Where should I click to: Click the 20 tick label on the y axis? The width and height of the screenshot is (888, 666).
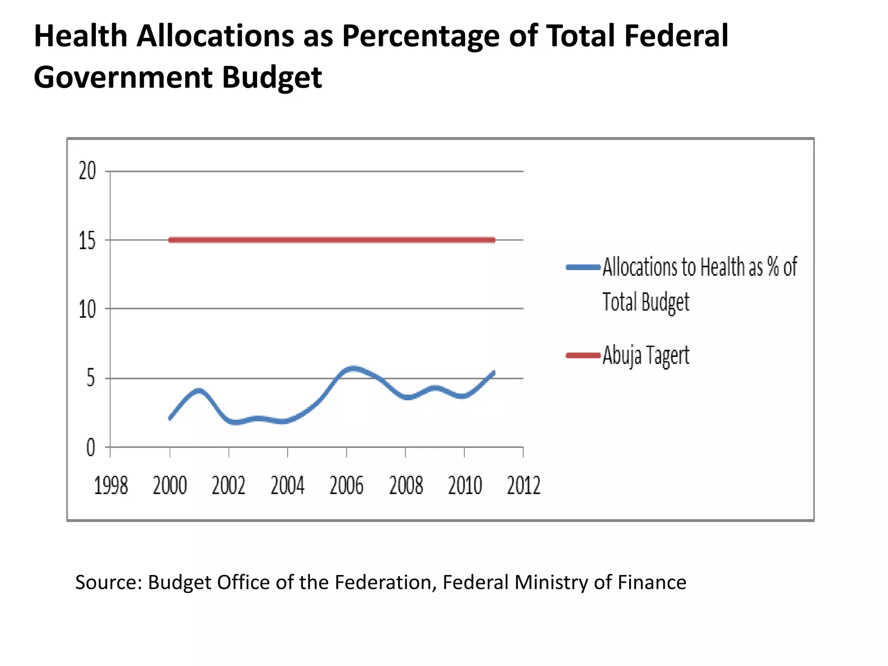pyautogui.click(x=87, y=171)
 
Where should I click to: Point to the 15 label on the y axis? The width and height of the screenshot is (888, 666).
pyautogui.click(x=87, y=241)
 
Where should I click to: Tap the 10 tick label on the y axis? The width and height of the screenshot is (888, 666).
pyautogui.click(x=87, y=310)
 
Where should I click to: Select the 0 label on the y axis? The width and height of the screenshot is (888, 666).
pyautogui.click(x=91, y=447)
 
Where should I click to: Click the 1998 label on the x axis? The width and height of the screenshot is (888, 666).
pyautogui.click(x=111, y=486)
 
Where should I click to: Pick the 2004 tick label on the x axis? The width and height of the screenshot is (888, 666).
pyautogui.click(x=287, y=486)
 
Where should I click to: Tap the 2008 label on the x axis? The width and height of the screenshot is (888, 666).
pyautogui.click(x=406, y=486)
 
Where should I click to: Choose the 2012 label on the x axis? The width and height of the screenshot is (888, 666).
pyautogui.click(x=524, y=486)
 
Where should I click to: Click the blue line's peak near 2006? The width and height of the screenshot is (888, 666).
pyautogui.click(x=354, y=369)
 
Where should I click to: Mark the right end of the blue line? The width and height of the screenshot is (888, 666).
pyautogui.click(x=493, y=372)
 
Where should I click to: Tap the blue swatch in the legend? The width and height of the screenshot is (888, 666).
pyautogui.click(x=583, y=267)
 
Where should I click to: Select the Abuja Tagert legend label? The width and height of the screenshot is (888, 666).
pyautogui.click(x=646, y=356)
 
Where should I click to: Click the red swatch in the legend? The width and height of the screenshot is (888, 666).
pyautogui.click(x=583, y=356)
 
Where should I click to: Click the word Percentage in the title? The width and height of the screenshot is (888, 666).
pyautogui.click(x=421, y=36)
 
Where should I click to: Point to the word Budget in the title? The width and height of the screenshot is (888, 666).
pyautogui.click(x=272, y=78)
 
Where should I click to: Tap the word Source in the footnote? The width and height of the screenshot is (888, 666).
pyautogui.click(x=108, y=582)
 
